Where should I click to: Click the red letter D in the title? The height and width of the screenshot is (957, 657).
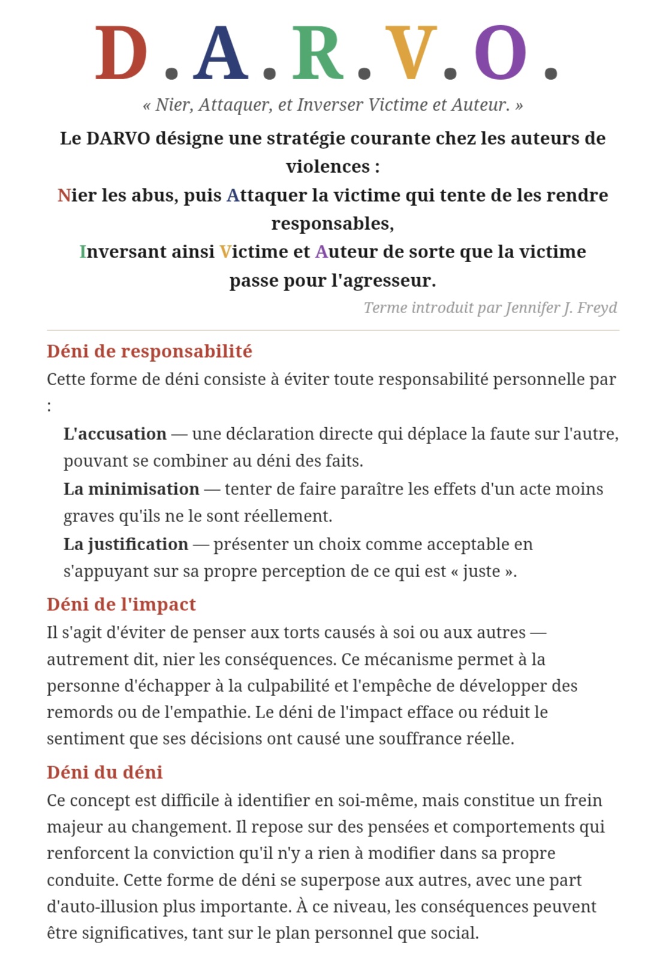[120, 53]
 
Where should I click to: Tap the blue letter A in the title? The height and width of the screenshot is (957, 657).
[220, 53]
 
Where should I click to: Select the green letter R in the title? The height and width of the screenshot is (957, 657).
[318, 53]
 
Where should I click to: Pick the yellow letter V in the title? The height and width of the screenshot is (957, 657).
[411, 53]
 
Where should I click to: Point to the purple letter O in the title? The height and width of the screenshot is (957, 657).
[501, 53]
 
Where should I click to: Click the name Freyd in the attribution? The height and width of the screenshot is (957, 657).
[597, 308]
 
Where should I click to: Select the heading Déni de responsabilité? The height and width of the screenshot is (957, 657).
[149, 351]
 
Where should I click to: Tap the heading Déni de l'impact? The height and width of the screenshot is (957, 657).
[121, 604]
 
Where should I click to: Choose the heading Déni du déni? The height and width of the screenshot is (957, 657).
[104, 772]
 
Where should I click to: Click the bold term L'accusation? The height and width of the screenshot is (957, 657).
[115, 434]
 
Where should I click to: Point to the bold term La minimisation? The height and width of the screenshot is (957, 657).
[131, 489]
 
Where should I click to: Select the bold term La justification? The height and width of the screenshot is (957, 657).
[126, 544]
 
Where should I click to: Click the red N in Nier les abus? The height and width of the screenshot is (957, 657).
[64, 196]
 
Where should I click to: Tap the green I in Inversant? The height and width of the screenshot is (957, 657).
[83, 252]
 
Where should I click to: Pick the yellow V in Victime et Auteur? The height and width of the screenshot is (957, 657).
[225, 252]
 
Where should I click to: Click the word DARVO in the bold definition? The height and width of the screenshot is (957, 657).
[118, 139]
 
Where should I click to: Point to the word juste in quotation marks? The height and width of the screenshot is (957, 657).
[481, 571]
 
